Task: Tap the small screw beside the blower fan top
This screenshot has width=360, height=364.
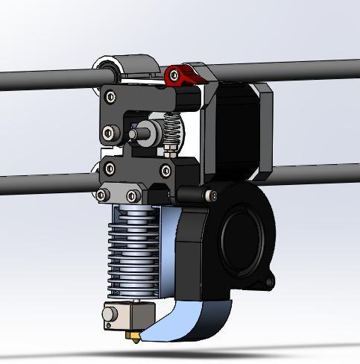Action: point(213,196)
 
